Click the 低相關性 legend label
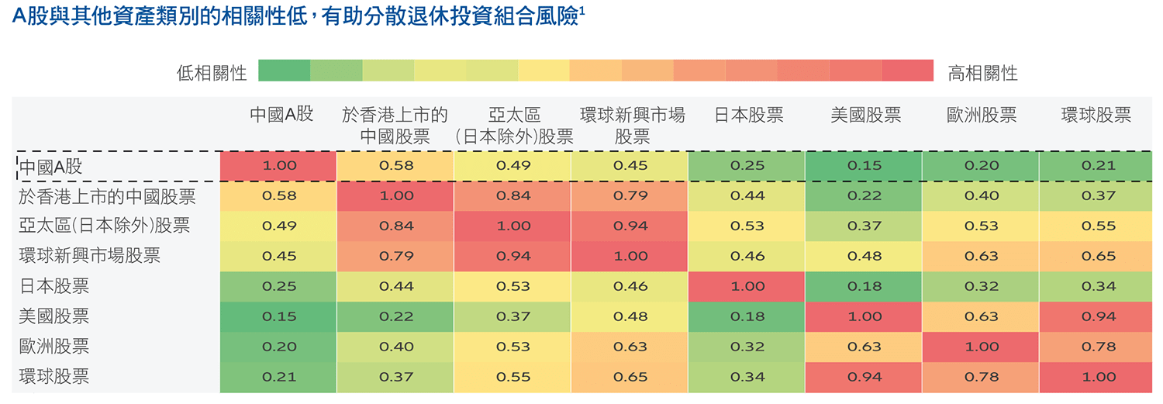[x=212, y=74]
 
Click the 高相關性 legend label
[x=982, y=74]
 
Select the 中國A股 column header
[x=281, y=116]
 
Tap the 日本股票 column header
[x=748, y=116]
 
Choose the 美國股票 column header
[x=865, y=116]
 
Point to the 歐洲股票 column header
[x=982, y=116]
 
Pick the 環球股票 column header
[x=1096, y=116]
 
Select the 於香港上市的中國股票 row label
[x=107, y=196]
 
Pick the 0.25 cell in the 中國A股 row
[x=748, y=166]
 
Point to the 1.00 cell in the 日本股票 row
[x=748, y=286]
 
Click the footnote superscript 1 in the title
[x=581, y=12]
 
